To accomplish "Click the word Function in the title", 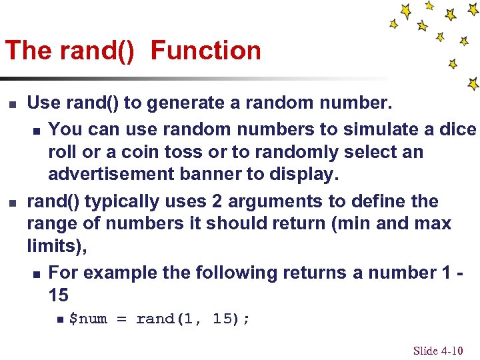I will click(206, 51).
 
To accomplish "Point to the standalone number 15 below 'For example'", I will click(59, 295).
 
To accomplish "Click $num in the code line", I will click(88, 319).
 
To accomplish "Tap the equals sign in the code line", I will click(121, 319).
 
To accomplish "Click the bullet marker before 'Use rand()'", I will click(11, 104).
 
